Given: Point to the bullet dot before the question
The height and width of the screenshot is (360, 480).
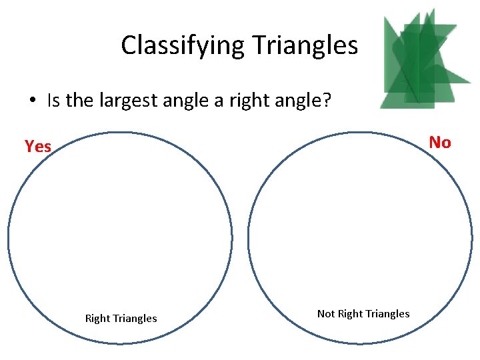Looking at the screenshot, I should [32, 101].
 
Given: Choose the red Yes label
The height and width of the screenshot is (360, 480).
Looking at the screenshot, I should [38, 146].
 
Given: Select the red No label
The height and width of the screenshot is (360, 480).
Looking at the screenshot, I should [440, 142].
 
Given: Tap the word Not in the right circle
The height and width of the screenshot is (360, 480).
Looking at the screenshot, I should [326, 313].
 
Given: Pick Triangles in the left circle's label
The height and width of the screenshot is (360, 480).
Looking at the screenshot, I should [136, 319].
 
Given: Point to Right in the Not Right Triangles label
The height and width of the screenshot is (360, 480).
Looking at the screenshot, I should [350, 313].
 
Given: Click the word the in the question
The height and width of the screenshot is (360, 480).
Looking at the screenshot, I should [80, 101].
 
